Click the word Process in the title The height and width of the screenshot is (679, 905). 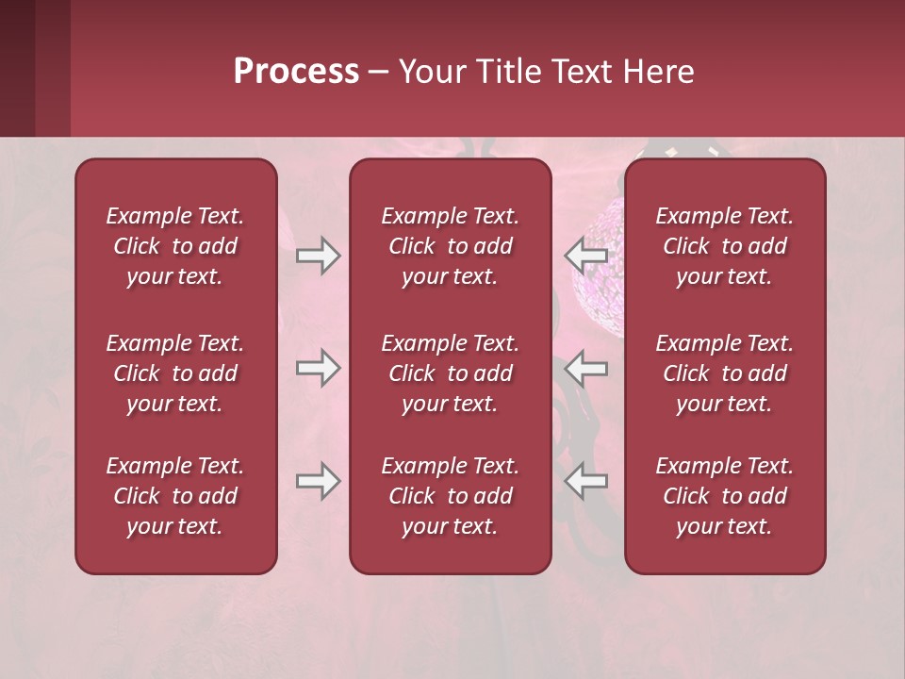point(296,72)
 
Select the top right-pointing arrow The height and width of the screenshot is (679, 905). point(319,255)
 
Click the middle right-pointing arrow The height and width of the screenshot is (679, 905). point(319,368)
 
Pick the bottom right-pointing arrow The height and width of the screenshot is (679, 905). point(319,481)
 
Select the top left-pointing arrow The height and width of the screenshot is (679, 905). point(585,255)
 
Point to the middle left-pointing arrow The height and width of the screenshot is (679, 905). point(585,368)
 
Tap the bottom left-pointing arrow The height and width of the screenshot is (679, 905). point(585,481)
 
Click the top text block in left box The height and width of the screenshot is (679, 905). point(175,246)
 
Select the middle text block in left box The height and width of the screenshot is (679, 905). point(175,373)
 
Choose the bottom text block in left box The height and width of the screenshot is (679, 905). point(175,496)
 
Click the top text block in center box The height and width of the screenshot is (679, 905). point(451,246)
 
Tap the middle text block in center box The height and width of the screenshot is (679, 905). point(451,373)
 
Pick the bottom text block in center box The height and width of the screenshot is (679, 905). point(451,496)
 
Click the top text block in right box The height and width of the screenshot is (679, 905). point(725,246)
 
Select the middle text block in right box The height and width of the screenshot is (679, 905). point(725,373)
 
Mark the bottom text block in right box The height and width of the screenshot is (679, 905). point(725,496)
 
